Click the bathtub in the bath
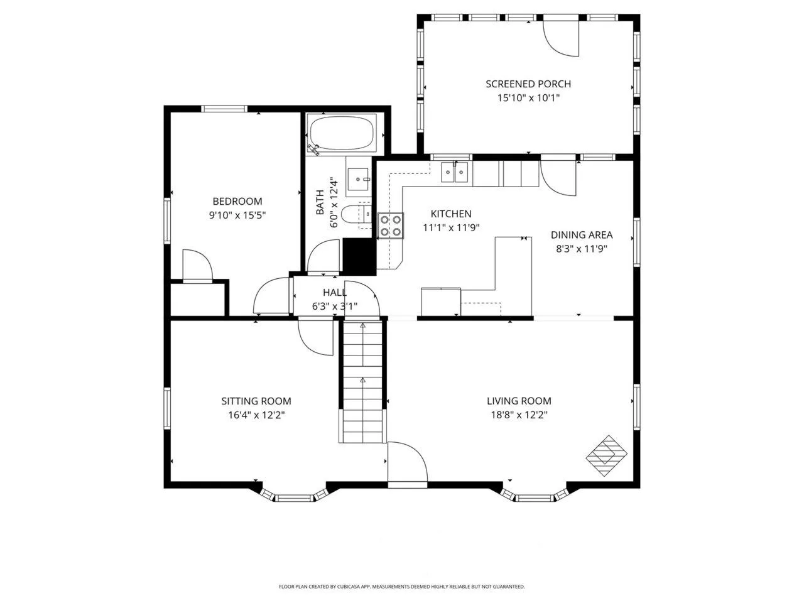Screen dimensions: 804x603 pyautogui.click(x=342, y=133)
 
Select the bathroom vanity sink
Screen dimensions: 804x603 pyautogui.click(x=358, y=179)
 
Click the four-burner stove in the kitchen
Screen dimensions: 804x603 pyautogui.click(x=391, y=225)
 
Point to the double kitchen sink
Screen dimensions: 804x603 pyautogui.click(x=455, y=171)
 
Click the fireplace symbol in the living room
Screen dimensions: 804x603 pyautogui.click(x=606, y=455)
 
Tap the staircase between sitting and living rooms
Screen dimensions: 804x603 pyautogui.click(x=362, y=381)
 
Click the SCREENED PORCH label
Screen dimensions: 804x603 pyautogui.click(x=528, y=84)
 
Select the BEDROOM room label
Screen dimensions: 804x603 pyautogui.click(x=237, y=201)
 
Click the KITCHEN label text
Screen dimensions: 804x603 pyautogui.click(x=451, y=214)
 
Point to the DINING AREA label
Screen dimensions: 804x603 pyautogui.click(x=582, y=235)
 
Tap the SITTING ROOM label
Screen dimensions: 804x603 pyautogui.click(x=256, y=401)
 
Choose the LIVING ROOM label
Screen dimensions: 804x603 pyautogui.click(x=519, y=401)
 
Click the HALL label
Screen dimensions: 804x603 pyautogui.click(x=334, y=292)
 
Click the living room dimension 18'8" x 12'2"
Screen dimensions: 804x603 pyautogui.click(x=519, y=415)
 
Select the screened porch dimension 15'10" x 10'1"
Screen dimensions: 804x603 pyautogui.click(x=528, y=98)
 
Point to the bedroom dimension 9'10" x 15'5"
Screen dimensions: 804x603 pyautogui.click(x=237, y=215)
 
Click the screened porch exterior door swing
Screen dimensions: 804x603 pyautogui.click(x=561, y=38)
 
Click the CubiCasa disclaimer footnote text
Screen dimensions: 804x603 pyautogui.click(x=402, y=587)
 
